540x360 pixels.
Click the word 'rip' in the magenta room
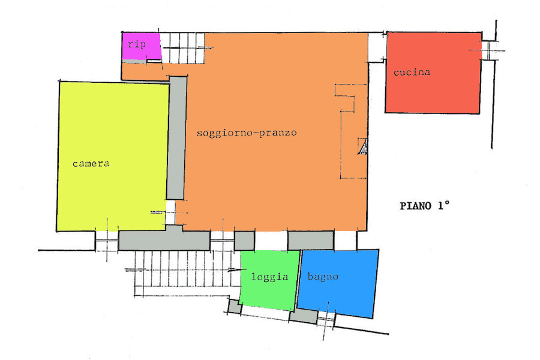[x=137, y=44]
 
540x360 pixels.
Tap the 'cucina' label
[x=412, y=72]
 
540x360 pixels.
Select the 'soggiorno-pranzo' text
[x=247, y=133]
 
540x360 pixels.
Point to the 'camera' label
[x=91, y=163]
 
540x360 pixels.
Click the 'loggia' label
[x=269, y=277]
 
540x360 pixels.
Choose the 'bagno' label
[x=323, y=277]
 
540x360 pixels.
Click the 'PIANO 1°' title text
[x=425, y=206]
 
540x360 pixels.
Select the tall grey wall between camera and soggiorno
[x=176, y=138]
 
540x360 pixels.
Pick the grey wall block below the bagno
[x=304, y=316]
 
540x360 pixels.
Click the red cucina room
[x=433, y=73]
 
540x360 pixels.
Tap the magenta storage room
[x=141, y=46]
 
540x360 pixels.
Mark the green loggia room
[x=269, y=280]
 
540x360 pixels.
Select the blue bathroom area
[x=337, y=283]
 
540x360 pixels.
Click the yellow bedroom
[x=113, y=157]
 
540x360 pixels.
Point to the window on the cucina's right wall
[x=488, y=50]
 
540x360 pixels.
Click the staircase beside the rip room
[x=182, y=48]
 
